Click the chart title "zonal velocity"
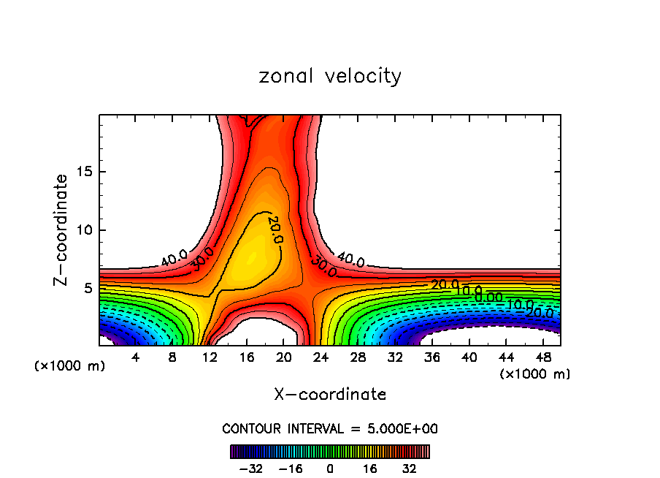click(x=330, y=76)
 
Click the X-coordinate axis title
click(x=330, y=395)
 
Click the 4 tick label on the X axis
click(x=136, y=357)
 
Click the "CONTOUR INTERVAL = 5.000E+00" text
click(x=330, y=429)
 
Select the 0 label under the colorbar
click(x=330, y=468)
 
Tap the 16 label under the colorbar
click(x=370, y=468)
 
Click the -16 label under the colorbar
click(x=291, y=468)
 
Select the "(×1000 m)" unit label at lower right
click(x=535, y=374)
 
